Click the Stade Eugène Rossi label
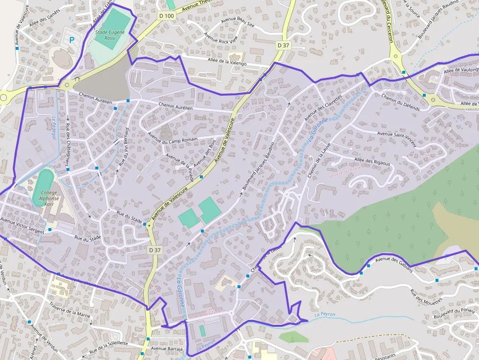pos(110,36)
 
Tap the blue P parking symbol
pos(72,40)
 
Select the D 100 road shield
pos(166,16)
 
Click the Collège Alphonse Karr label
pos(50,196)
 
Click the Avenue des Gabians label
pos(394,264)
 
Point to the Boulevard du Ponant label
pos(454,313)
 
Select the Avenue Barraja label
pos(167,349)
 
